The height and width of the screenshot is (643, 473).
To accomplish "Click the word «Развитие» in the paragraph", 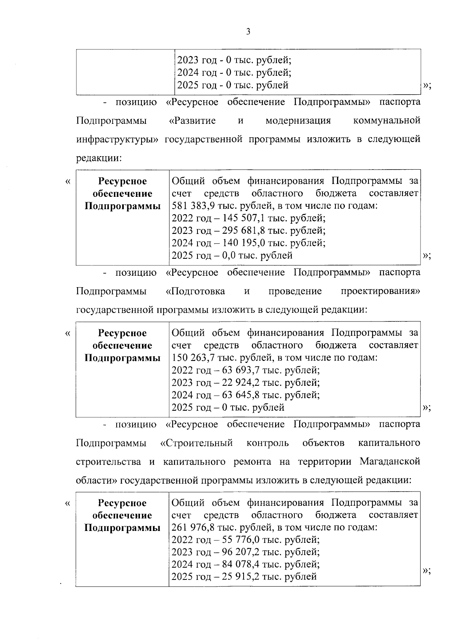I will [192, 121].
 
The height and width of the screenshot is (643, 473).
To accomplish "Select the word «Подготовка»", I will [196, 292].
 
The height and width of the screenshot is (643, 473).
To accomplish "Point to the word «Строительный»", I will [196, 443].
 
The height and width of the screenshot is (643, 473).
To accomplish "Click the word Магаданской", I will [390, 462].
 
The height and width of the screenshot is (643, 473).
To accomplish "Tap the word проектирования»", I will [380, 292].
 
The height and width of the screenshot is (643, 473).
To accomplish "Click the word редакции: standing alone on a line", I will [99, 158].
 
